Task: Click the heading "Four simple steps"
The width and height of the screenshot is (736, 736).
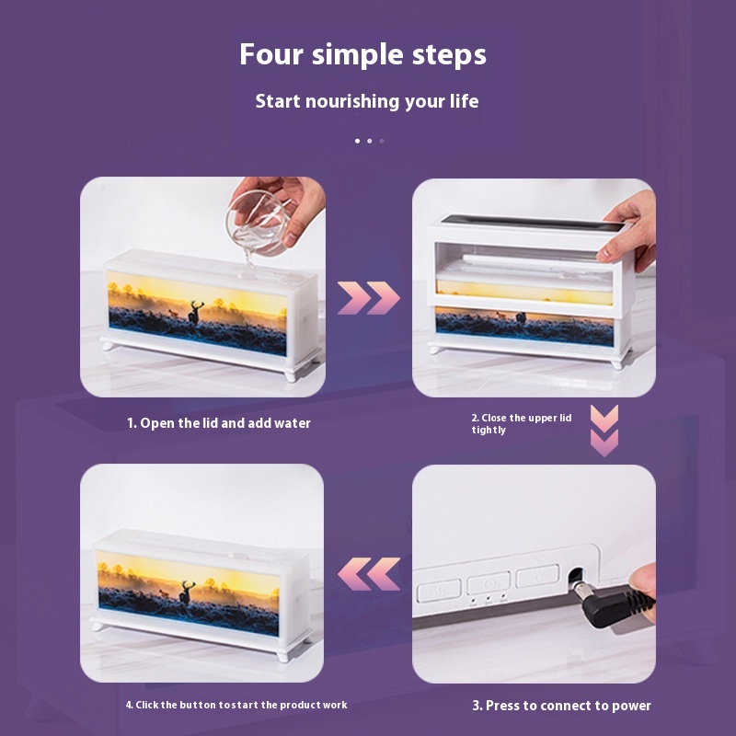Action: (x=362, y=55)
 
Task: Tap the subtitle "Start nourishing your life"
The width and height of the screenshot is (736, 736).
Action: (x=367, y=101)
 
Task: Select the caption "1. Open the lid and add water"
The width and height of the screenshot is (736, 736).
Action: (x=219, y=423)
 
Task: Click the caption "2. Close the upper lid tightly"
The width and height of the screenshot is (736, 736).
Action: (x=522, y=424)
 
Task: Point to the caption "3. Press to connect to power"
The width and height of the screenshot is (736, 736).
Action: (x=561, y=706)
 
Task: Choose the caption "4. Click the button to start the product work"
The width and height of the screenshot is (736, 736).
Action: (x=236, y=705)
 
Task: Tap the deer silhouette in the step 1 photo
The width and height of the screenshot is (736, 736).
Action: (x=195, y=312)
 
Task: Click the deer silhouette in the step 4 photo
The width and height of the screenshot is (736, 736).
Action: (x=187, y=592)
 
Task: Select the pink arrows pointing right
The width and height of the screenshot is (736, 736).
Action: (x=369, y=298)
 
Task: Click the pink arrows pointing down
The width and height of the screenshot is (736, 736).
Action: (x=604, y=431)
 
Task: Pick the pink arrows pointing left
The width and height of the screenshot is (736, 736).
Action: (x=369, y=574)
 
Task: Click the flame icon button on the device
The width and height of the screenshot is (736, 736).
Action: (x=440, y=591)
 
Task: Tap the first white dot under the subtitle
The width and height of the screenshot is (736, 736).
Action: (x=358, y=141)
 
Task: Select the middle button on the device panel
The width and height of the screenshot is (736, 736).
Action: (x=489, y=583)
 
